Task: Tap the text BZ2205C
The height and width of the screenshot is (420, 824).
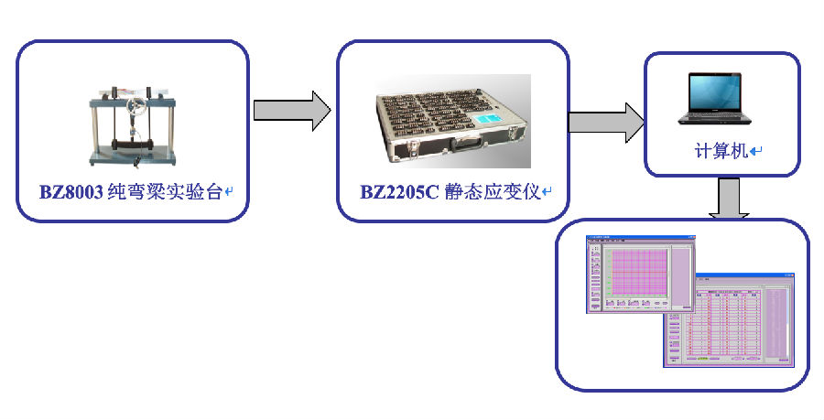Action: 399,192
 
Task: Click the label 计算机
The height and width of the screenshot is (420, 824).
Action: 721,151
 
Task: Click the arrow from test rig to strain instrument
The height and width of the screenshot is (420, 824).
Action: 291,110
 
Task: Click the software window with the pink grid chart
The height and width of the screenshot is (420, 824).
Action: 641,275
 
